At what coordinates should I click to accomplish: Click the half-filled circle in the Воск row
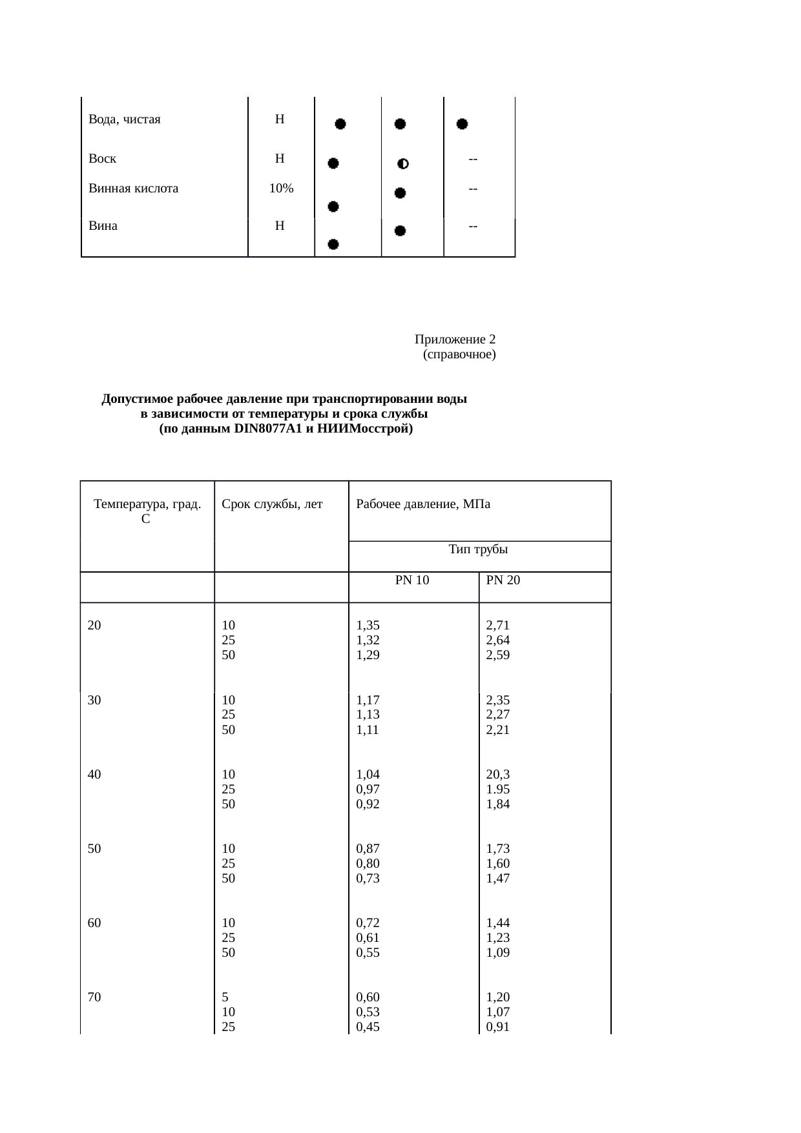[x=402, y=164]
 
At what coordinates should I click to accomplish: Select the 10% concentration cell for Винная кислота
[x=281, y=189]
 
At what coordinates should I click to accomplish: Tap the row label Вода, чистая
[x=124, y=119]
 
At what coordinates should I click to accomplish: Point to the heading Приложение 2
[x=455, y=340]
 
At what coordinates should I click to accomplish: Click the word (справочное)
[x=459, y=354]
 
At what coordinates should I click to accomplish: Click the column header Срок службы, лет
[x=272, y=505]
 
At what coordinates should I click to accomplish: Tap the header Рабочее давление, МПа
[x=423, y=505]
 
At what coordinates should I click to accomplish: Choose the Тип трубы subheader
[x=478, y=550]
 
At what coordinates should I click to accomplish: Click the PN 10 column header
[x=412, y=580]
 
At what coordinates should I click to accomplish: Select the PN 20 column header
[x=503, y=580]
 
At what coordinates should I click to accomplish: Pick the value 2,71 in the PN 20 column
[x=497, y=625]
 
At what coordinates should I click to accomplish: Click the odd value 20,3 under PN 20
[x=497, y=774]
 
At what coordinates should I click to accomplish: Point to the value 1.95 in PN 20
[x=497, y=789]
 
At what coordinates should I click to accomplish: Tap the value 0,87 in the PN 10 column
[x=368, y=849]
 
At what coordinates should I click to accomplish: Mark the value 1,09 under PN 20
[x=497, y=953]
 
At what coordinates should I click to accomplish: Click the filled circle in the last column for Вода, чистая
[x=462, y=124]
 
